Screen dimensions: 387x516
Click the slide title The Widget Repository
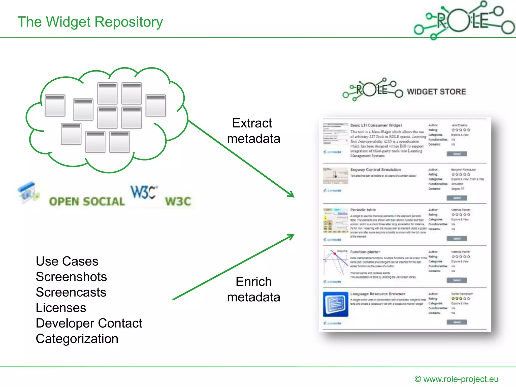(x=90, y=22)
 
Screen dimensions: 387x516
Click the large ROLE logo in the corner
(x=464, y=20)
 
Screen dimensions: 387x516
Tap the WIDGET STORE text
(x=436, y=92)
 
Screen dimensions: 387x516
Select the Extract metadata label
(x=253, y=131)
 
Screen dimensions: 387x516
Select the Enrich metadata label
(x=253, y=289)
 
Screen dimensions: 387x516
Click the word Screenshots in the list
(x=71, y=277)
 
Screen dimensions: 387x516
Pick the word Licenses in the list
(x=61, y=308)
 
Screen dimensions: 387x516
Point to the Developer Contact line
(x=89, y=323)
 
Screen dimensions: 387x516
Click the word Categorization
(x=77, y=339)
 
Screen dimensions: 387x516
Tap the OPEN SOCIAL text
(x=87, y=202)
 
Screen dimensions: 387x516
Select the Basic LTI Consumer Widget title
(x=376, y=125)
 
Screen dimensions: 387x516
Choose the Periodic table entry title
(x=363, y=210)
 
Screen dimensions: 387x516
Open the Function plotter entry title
(x=365, y=252)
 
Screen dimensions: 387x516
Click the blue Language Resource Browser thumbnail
(x=336, y=304)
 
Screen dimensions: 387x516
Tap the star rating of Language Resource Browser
(x=461, y=299)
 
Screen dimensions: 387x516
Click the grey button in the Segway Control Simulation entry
(x=457, y=198)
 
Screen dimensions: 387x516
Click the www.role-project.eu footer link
(x=461, y=379)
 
